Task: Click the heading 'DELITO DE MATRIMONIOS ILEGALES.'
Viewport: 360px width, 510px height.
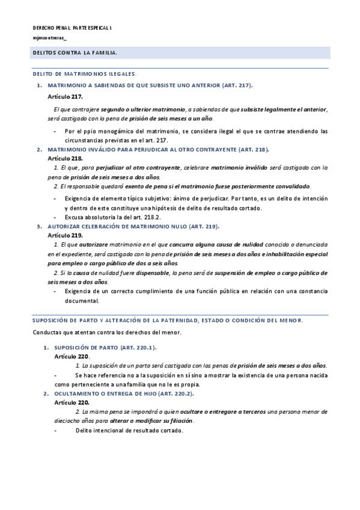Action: click(x=84, y=74)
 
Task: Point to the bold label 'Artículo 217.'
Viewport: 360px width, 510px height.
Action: click(x=65, y=96)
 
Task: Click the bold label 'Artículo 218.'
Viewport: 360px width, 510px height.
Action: click(x=65, y=158)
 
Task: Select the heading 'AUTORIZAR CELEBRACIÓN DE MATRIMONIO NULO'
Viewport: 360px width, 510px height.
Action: click(x=121, y=226)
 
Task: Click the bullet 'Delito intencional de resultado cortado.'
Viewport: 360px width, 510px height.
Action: click(x=124, y=431)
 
